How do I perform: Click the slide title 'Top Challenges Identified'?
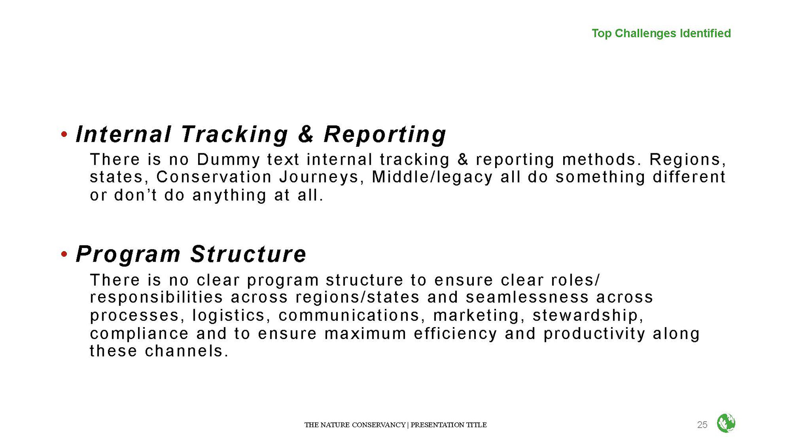(661, 33)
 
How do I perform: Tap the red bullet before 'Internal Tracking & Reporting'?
(64, 134)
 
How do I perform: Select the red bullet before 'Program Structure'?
(64, 254)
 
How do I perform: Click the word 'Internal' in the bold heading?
(123, 134)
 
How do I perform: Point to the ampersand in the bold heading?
(306, 134)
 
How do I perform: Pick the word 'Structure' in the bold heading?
(248, 254)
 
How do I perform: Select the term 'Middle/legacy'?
(432, 177)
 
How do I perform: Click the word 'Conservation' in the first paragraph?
(214, 177)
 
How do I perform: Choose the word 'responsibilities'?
(157, 297)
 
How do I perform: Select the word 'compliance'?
(139, 334)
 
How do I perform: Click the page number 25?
(702, 425)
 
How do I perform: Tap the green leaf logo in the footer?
(726, 423)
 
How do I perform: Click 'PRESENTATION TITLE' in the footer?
(449, 425)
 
